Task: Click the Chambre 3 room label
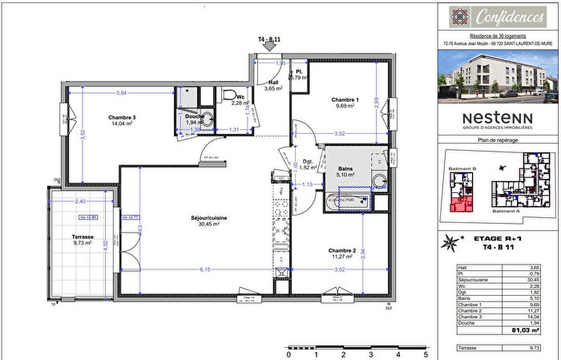pos(123,117)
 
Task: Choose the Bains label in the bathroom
pos(345,168)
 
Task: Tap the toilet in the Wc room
pos(228,94)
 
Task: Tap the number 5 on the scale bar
pos(425,353)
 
